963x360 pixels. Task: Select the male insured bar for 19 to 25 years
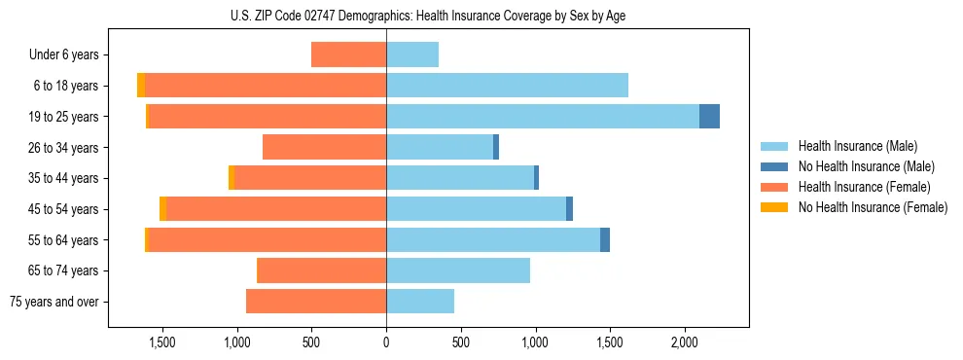click(x=543, y=116)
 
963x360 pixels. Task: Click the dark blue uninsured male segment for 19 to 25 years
click(x=709, y=116)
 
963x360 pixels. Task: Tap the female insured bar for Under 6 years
click(x=348, y=54)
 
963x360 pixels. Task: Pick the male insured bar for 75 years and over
click(x=420, y=302)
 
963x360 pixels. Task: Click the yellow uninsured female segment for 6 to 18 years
click(x=141, y=86)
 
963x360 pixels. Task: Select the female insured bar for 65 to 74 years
click(x=321, y=270)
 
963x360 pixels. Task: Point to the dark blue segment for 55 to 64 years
click(x=605, y=239)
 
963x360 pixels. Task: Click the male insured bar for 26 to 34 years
click(x=440, y=147)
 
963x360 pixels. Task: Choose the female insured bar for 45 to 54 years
click(x=276, y=208)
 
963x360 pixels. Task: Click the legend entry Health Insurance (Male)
click(x=852, y=146)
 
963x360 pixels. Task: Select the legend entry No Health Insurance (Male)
click(x=859, y=166)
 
